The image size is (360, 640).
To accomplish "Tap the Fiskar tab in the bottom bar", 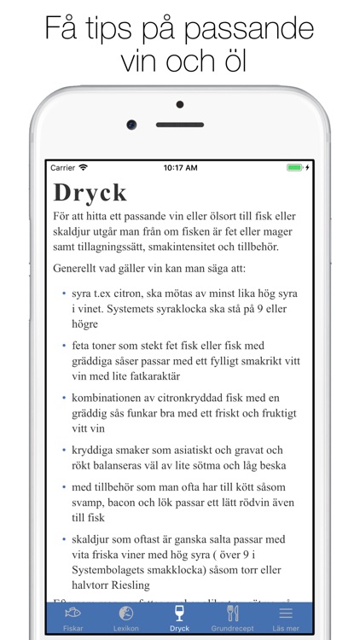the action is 73,618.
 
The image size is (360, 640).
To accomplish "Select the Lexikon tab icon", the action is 125,618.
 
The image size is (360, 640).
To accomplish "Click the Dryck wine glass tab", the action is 179,618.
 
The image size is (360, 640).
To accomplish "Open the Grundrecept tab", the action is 232,618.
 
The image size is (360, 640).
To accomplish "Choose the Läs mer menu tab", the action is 285,618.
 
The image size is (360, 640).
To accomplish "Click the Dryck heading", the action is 90,192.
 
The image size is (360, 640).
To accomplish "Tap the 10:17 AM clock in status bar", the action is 180,168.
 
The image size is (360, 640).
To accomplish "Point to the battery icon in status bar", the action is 294,168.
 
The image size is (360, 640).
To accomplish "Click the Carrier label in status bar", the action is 63,168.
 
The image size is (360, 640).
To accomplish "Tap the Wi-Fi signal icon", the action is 84,168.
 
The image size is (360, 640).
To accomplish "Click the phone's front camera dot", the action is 131,125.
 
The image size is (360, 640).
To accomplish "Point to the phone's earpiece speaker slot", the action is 179,125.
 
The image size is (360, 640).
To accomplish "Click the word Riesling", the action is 124,585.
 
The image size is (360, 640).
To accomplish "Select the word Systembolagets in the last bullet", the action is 114,570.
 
